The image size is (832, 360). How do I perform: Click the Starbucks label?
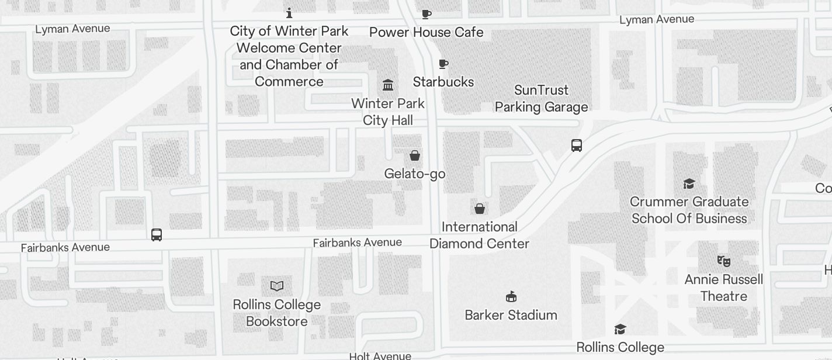[443, 82]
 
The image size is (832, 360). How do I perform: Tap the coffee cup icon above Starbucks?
[443, 64]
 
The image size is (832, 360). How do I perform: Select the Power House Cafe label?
[427, 32]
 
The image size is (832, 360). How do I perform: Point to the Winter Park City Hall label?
[388, 112]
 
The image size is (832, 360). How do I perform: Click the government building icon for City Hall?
[388, 85]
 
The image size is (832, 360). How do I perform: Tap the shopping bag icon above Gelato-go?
[415, 155]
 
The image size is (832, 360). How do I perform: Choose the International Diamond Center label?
[479, 235]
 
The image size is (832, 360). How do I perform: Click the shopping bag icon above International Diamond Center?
[480, 209]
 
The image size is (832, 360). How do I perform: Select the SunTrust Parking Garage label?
[541, 98]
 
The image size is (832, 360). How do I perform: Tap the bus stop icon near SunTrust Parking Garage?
[577, 146]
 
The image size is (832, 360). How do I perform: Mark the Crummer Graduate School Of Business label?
[689, 210]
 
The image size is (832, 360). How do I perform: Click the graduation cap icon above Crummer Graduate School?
[689, 184]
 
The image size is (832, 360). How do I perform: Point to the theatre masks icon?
[724, 261]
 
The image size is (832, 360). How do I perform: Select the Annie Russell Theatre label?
[724, 288]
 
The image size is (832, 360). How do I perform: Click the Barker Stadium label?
[511, 315]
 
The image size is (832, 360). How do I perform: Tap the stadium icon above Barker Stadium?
[511, 297]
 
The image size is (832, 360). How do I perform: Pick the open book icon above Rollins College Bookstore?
[277, 286]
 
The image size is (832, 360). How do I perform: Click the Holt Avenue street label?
[380, 355]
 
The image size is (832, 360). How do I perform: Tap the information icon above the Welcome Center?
[289, 13]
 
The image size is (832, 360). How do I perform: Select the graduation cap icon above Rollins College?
[620, 330]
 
